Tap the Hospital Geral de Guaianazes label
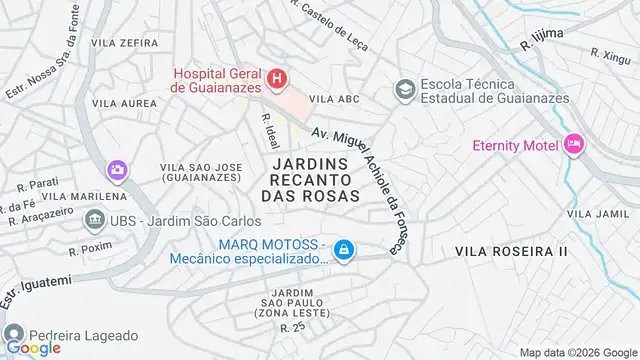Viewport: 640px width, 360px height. [x=216, y=79]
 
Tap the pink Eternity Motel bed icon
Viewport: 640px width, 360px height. [x=574, y=145]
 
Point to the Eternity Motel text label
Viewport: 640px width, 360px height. [x=515, y=146]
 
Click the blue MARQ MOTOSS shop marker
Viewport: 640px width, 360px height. [x=343, y=249]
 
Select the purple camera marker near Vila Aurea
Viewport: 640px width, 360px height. [x=118, y=169]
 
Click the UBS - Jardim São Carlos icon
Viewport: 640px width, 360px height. [x=95, y=218]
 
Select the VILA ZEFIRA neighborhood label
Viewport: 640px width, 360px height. [x=124, y=43]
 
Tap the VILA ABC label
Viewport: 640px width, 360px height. [x=333, y=99]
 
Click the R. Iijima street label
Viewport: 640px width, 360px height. [x=542, y=39]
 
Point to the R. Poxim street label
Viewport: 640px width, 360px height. [x=85, y=243]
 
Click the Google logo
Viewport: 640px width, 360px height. [x=33, y=347]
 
